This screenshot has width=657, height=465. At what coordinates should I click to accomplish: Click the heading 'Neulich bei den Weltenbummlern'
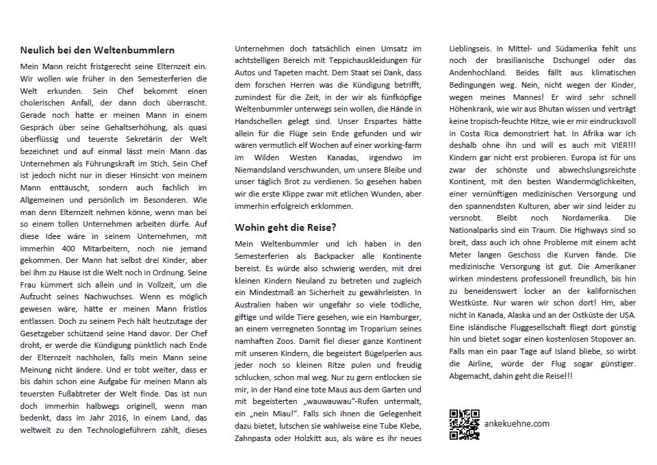point(97,50)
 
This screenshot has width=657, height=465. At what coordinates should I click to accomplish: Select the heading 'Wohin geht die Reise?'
point(285,227)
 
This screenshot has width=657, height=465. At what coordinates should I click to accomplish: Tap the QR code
point(464,424)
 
